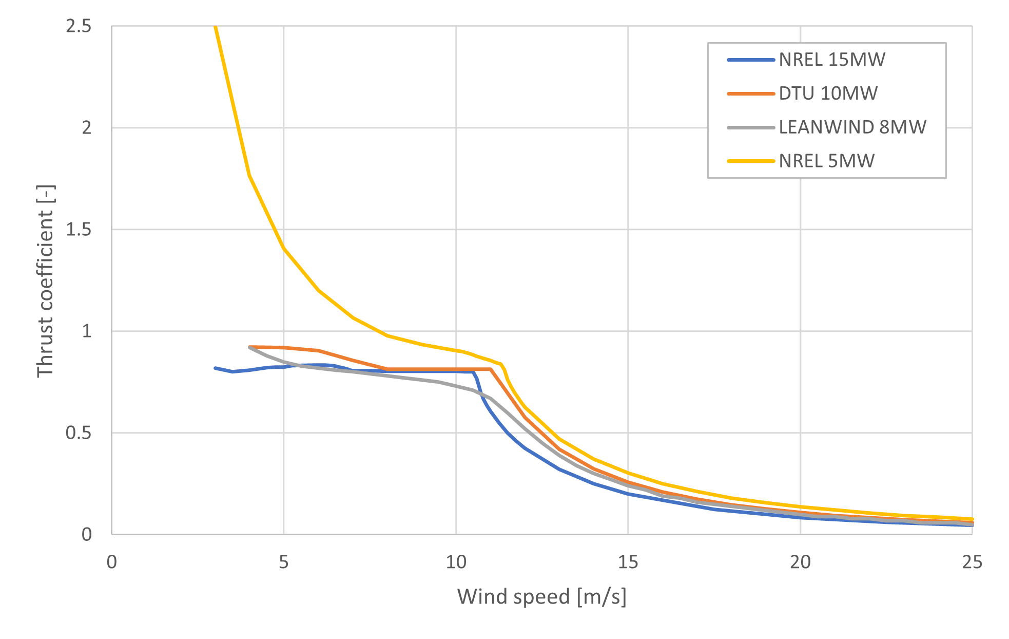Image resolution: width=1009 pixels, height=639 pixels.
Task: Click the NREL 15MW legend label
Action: tap(831, 60)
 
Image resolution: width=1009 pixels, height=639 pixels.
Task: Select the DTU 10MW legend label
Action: tap(828, 93)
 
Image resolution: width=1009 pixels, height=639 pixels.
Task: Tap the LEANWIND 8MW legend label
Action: tap(852, 127)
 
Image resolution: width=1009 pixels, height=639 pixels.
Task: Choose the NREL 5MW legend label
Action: tap(826, 161)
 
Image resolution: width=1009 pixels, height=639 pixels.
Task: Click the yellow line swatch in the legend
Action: tap(750, 161)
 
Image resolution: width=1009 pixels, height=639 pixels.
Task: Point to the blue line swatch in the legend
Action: tap(750, 60)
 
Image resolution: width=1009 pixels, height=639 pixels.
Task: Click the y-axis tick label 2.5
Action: tap(79, 26)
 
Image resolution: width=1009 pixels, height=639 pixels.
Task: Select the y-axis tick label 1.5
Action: tap(79, 230)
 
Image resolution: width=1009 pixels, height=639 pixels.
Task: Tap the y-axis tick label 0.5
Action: tap(79, 433)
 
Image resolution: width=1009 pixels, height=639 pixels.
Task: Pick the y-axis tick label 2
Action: tap(87, 127)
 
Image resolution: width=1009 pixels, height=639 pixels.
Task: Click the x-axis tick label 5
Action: tap(284, 562)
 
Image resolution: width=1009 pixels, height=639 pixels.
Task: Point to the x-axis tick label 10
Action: tap(456, 562)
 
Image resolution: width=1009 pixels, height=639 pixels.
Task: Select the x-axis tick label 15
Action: tap(628, 562)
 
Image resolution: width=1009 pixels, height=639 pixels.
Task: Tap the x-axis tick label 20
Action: tap(800, 562)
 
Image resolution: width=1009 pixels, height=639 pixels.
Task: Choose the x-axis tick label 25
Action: tap(972, 562)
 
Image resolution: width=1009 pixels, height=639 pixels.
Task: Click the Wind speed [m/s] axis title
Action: tap(541, 597)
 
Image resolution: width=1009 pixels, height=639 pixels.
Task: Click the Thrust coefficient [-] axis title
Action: tap(45, 281)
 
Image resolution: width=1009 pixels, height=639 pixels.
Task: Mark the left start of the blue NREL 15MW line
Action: tap(215, 368)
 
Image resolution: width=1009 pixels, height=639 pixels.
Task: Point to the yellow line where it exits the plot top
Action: tap(216, 27)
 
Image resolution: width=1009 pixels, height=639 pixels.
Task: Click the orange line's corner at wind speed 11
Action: tap(491, 369)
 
